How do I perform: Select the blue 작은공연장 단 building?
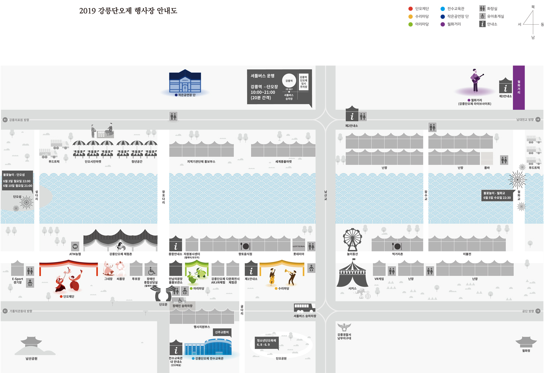pos(185,81)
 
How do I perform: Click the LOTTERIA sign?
pos(298,246)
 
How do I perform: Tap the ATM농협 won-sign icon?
pos(75,246)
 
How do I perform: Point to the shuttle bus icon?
pos(304,308)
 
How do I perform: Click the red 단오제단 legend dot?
pos(411,9)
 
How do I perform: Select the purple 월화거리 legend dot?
pos(442,24)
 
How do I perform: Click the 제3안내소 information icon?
pos(505,87)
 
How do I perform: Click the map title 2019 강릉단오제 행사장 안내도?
pos(128,11)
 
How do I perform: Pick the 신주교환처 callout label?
pos(222,332)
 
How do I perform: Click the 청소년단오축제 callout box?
pos(267,343)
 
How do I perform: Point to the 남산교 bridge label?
pos(326,195)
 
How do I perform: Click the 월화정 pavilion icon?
pos(526,342)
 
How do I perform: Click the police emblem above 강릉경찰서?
pos(344,327)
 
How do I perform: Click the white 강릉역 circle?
pos(289,81)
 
